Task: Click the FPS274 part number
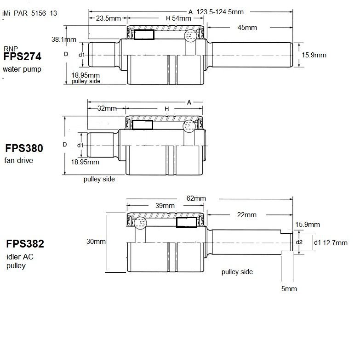22,56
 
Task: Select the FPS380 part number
24,148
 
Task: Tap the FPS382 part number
25,244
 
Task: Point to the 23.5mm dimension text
109,18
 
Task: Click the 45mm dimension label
247,28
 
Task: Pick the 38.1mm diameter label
63,39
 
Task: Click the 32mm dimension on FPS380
107,108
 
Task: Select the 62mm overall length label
196,198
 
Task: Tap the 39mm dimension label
165,206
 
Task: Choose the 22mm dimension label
246,215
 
